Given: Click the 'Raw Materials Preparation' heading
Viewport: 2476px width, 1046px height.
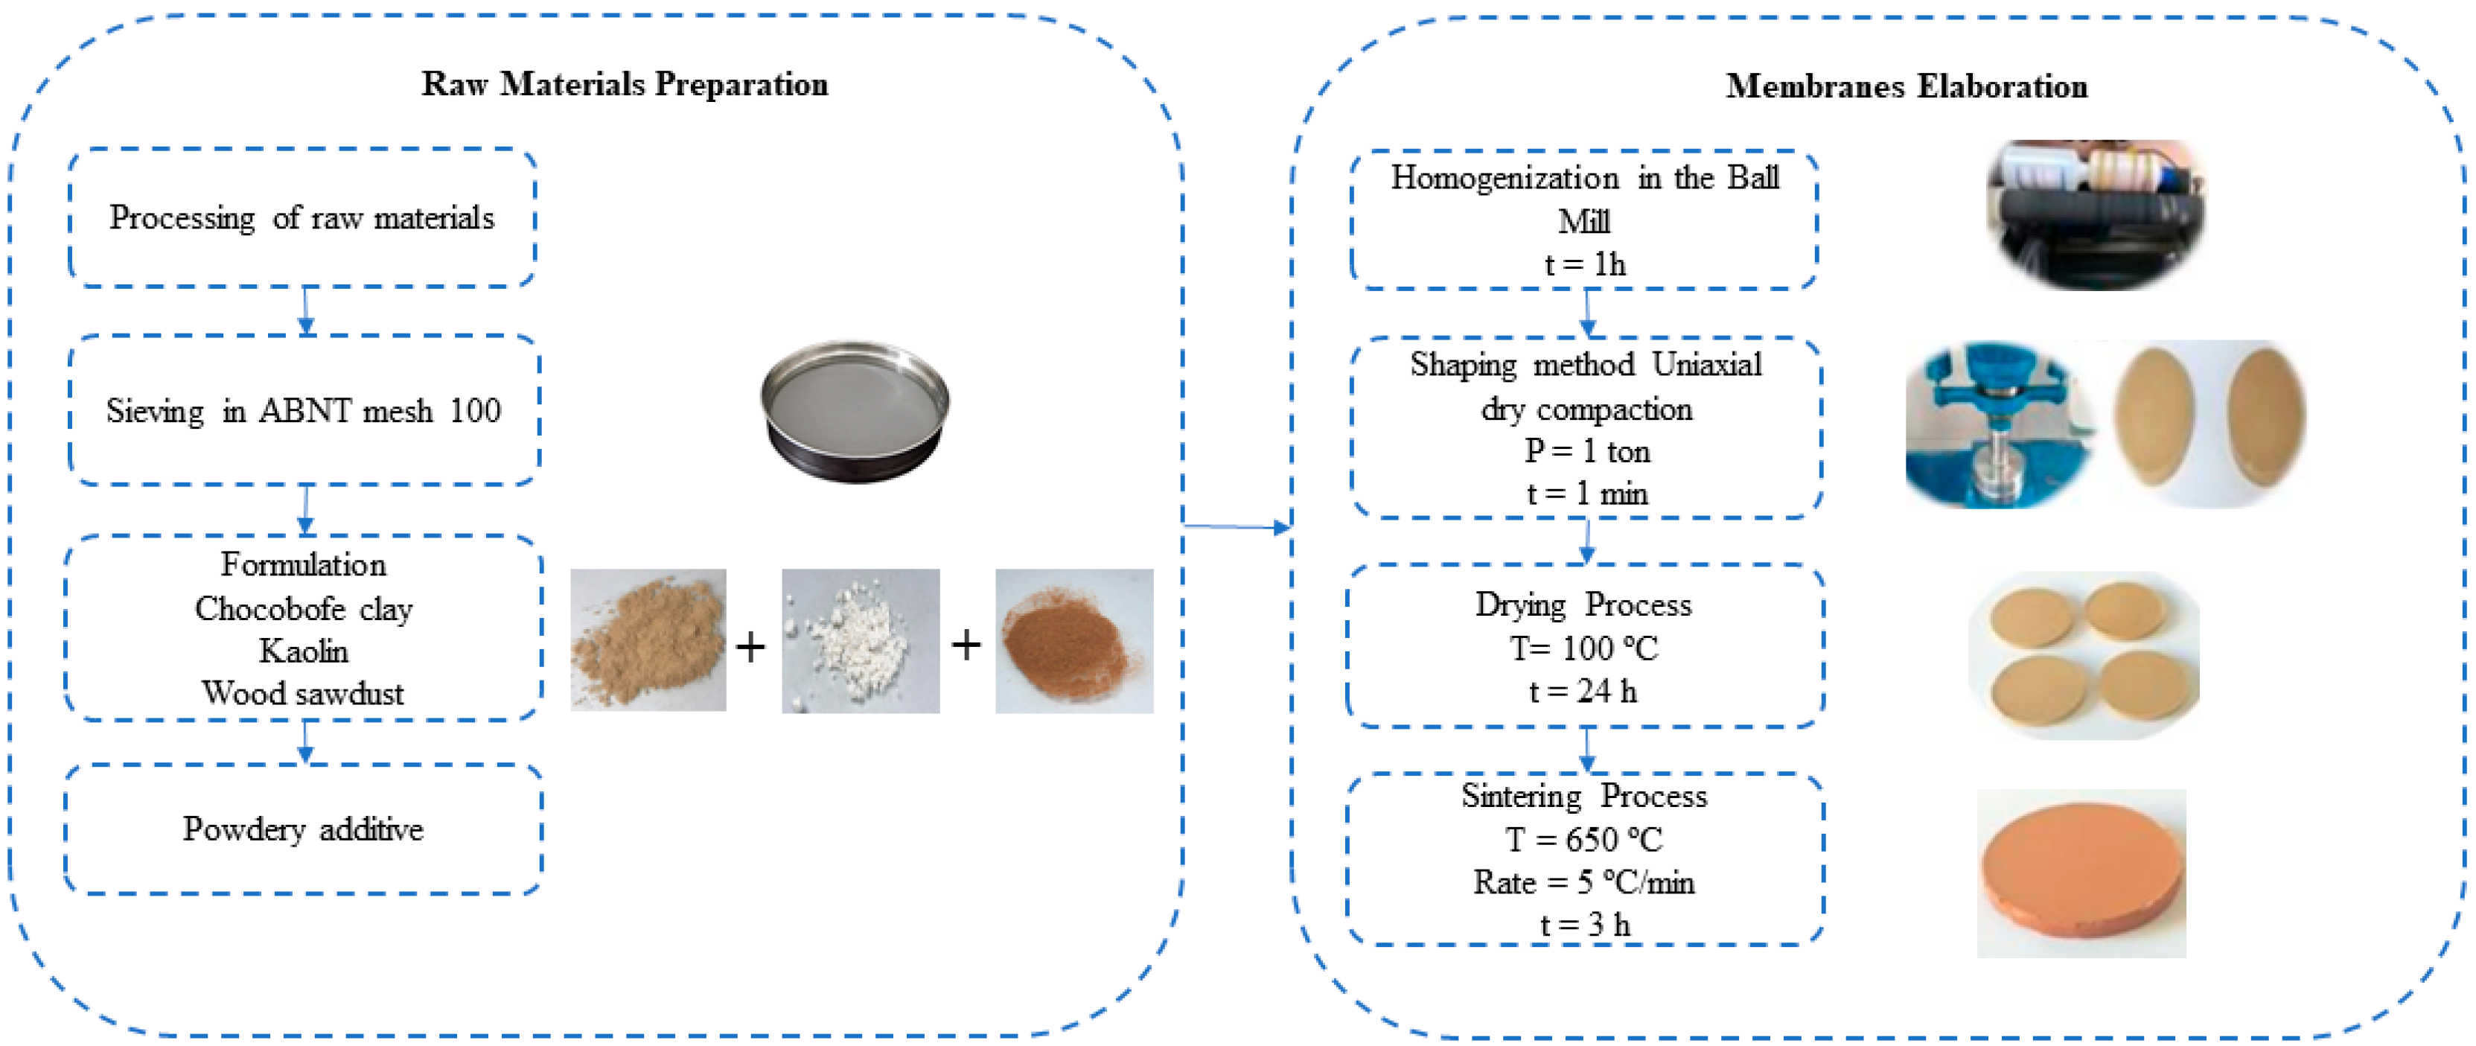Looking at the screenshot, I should [x=625, y=85].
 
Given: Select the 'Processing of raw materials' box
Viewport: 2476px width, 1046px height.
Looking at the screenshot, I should [x=301, y=218].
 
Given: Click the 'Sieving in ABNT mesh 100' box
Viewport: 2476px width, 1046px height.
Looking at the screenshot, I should [x=304, y=410].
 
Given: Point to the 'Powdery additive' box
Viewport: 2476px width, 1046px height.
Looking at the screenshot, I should [x=303, y=829].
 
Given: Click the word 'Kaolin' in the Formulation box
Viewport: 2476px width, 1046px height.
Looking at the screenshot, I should [x=303, y=651].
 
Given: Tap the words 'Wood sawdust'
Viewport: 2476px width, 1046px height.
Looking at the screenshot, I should [x=303, y=693].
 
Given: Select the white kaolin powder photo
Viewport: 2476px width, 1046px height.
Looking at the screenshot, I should [x=861, y=641].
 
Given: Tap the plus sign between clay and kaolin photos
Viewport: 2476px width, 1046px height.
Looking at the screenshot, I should [x=750, y=646].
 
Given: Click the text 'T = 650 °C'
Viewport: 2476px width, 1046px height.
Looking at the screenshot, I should [x=1584, y=839].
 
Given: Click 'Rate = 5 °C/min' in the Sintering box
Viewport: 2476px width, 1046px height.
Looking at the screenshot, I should [x=1584, y=881].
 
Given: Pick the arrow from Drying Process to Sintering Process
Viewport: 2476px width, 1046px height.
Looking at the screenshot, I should [x=1587, y=750].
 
